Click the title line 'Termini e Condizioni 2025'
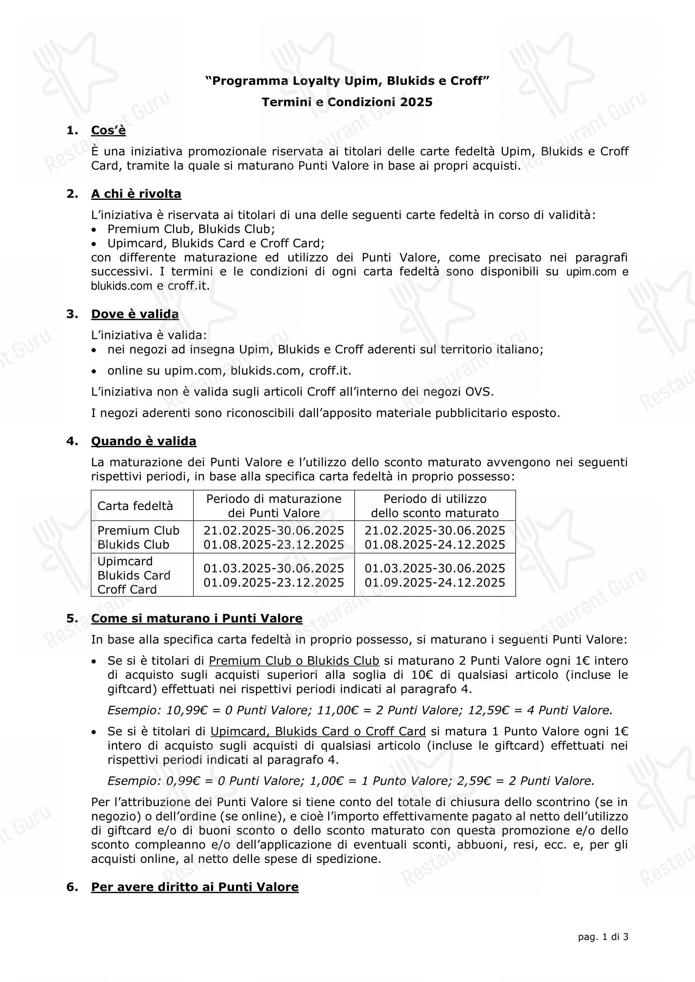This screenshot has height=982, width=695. pos(347,102)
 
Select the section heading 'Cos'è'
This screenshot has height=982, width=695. pos(108,130)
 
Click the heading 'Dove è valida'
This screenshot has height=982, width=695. pos(135,314)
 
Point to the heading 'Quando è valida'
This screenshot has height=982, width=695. pos(143,441)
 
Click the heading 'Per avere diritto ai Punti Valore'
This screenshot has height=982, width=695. pos(195,887)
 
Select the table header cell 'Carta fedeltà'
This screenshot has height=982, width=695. pos(135,506)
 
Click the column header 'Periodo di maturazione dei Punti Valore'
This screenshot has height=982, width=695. pos(274,506)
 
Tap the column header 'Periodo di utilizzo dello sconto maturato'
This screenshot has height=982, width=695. pos(435,506)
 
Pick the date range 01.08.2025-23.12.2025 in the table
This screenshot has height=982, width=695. pos(274,545)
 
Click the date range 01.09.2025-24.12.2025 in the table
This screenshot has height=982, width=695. pos(435,583)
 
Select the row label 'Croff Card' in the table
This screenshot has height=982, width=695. pos(127,589)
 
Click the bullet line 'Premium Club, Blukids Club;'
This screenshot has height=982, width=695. pos(191,229)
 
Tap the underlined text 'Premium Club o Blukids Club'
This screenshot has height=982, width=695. pos(294,661)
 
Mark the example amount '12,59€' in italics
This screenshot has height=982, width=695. pos(485,710)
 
